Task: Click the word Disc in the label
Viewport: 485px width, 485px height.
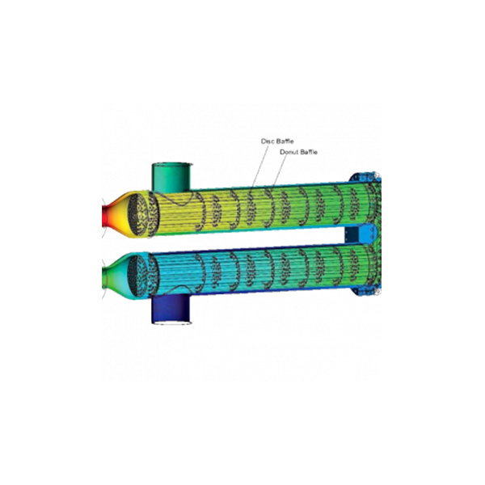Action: (x=268, y=141)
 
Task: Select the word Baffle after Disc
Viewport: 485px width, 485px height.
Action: (x=285, y=141)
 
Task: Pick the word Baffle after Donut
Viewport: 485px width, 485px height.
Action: (x=308, y=152)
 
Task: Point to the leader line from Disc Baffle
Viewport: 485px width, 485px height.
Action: (x=259, y=167)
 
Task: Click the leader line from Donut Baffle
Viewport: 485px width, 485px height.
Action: (x=280, y=171)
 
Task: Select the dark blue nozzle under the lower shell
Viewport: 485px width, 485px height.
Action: (x=171, y=309)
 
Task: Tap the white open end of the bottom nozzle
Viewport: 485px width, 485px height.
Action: (x=171, y=323)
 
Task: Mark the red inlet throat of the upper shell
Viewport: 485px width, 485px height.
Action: (x=106, y=215)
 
